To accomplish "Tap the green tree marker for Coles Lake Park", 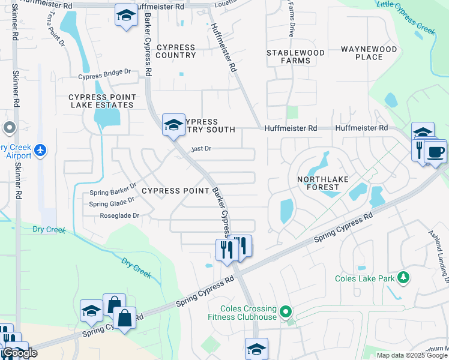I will (x=405, y=277).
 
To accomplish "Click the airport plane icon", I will (x=40, y=149).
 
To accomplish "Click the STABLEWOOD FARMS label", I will (x=296, y=56).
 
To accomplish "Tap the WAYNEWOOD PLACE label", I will (x=369, y=53).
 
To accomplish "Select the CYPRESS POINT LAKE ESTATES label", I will (x=101, y=101).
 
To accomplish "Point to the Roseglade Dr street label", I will (x=119, y=215).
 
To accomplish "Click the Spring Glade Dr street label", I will (x=112, y=204).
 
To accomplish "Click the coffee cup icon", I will (x=436, y=151).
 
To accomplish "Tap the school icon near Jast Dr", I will (x=173, y=125).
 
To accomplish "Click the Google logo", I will (x=19, y=353).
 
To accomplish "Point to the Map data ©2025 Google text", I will (x=412, y=355).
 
